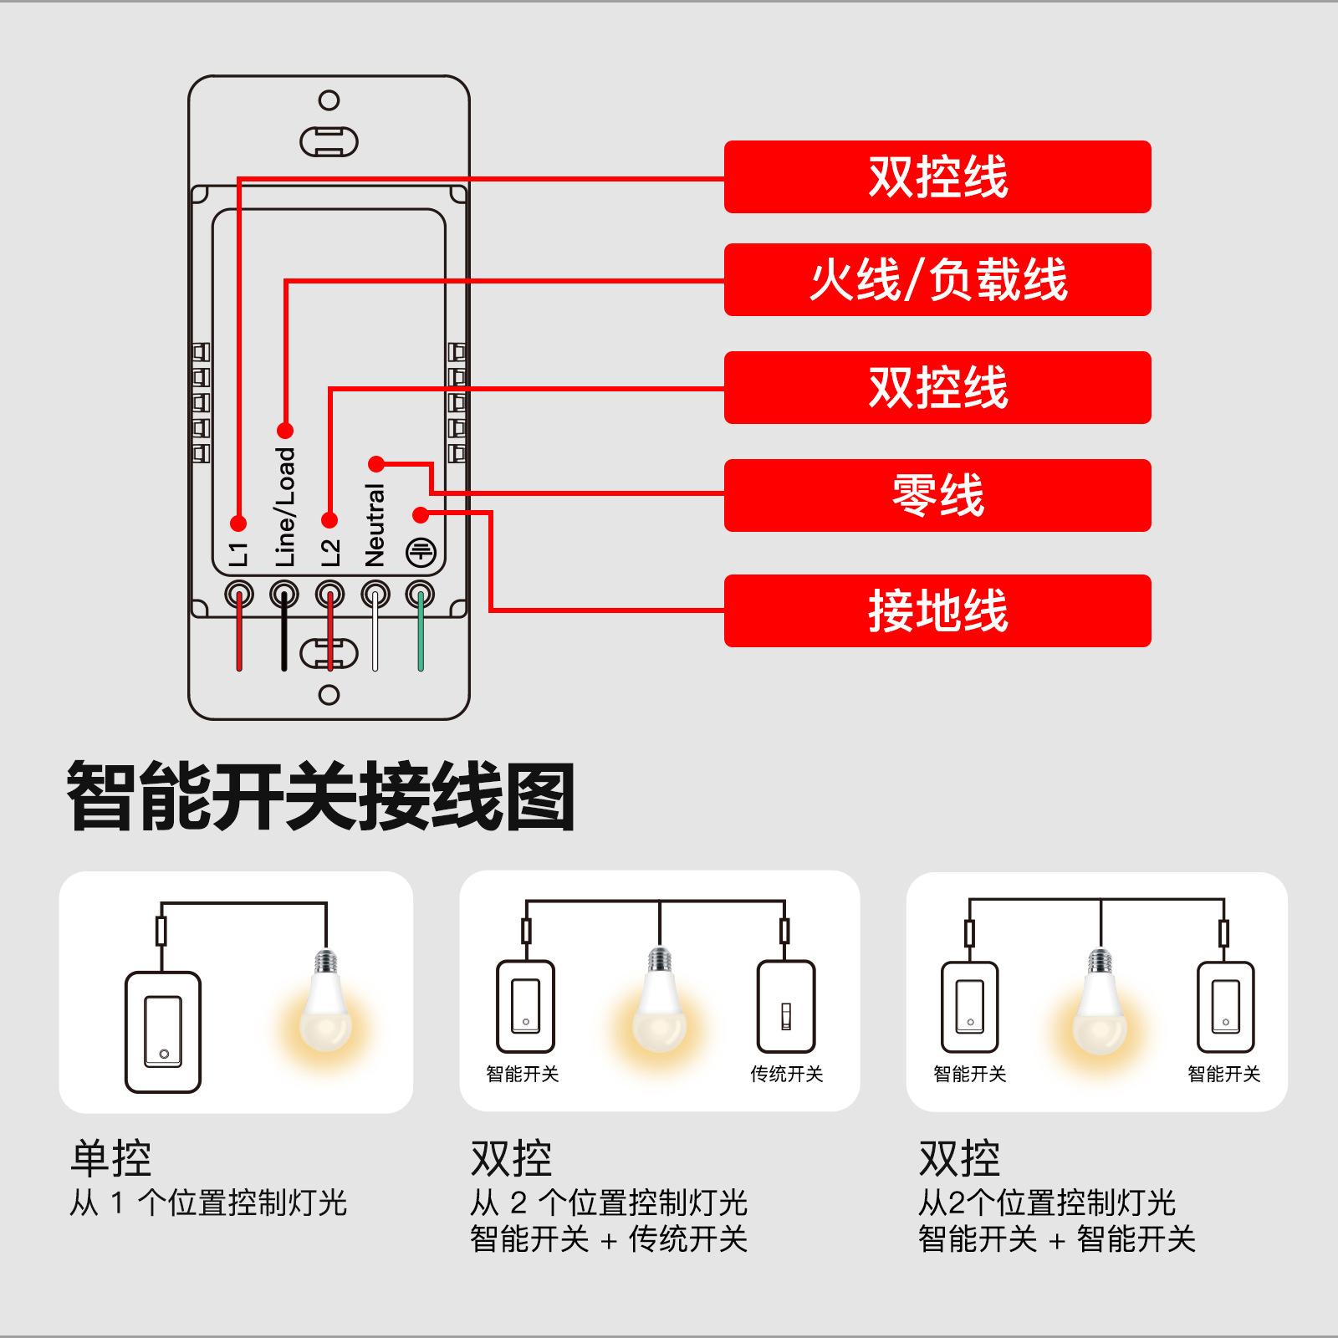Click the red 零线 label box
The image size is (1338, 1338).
pyautogui.click(x=937, y=495)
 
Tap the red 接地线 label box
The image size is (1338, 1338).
pyautogui.click(x=937, y=610)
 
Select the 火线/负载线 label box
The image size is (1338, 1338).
pyautogui.click(x=937, y=279)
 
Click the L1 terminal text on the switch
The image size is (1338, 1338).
pyautogui.click(x=239, y=554)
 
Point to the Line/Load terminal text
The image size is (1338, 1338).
pyautogui.click(x=285, y=507)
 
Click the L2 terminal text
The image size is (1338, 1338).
pyautogui.click(x=330, y=552)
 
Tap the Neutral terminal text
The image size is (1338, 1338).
pyautogui.click(x=375, y=525)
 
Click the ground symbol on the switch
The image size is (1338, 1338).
pyautogui.click(x=421, y=552)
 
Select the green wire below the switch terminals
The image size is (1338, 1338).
pyautogui.click(x=421, y=640)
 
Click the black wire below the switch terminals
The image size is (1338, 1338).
pyautogui.click(x=284, y=640)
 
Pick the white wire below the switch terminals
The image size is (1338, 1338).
pyautogui.click(x=375, y=640)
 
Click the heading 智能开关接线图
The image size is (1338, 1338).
pyautogui.click(x=321, y=797)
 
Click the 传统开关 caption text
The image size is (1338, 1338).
pyautogui.click(x=786, y=1074)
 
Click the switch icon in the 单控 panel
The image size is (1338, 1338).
pyautogui.click(x=163, y=1032)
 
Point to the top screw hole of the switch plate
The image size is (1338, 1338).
pyautogui.click(x=329, y=100)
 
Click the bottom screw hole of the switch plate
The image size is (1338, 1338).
pyautogui.click(x=329, y=695)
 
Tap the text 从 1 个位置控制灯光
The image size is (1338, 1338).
pyautogui.click(x=208, y=1203)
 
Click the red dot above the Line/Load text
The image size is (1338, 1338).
pyautogui.click(x=285, y=431)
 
